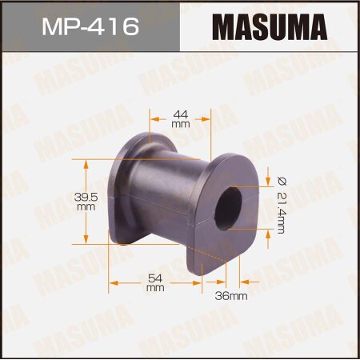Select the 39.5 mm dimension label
click(x=86, y=201)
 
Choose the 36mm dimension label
click(x=232, y=295)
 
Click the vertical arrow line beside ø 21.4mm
click(x=269, y=205)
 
